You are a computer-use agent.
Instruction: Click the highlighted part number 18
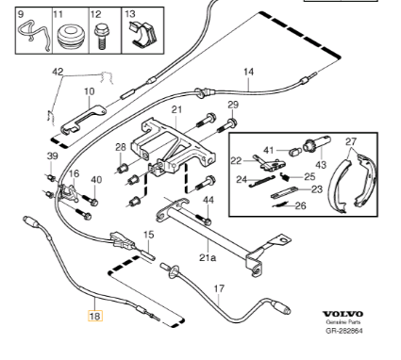click(x=95, y=316)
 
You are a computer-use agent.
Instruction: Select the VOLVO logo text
click(x=343, y=314)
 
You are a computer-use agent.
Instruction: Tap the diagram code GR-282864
click(x=343, y=331)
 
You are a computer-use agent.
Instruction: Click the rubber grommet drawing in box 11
click(x=71, y=36)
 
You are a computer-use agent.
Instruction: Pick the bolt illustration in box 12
click(x=100, y=38)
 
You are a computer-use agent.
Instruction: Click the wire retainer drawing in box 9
click(x=34, y=35)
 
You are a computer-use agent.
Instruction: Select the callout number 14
click(x=248, y=72)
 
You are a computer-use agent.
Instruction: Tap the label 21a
click(x=208, y=258)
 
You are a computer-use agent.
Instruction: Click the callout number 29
click(x=233, y=105)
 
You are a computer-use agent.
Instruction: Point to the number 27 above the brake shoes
click(x=351, y=141)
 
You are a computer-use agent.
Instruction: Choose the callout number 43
click(x=320, y=164)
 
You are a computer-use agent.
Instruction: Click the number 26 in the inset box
click(x=301, y=205)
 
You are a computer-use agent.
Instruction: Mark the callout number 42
click(x=58, y=72)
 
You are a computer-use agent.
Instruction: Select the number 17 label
click(x=219, y=288)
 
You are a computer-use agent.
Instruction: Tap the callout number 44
click(x=209, y=200)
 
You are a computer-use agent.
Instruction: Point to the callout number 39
click(x=53, y=155)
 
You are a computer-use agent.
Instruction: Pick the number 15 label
click(x=149, y=235)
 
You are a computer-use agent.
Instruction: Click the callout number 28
click(x=121, y=147)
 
